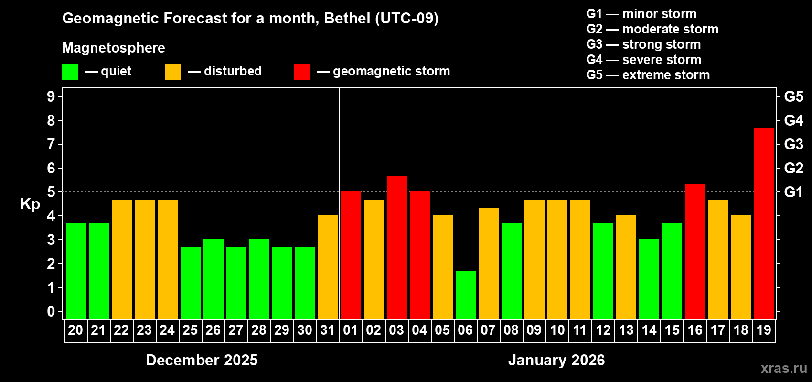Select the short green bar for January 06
[x=465, y=295]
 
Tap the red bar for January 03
[x=396, y=247]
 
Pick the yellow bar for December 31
[x=328, y=267]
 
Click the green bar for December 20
[x=75, y=271]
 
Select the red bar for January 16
[x=694, y=251]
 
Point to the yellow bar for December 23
[x=144, y=259]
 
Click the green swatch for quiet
[x=70, y=72]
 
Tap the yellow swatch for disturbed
[x=173, y=72]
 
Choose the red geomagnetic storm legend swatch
[x=302, y=72]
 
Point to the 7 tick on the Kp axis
[x=51, y=144]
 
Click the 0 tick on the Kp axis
[x=51, y=312]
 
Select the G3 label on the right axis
[x=793, y=144]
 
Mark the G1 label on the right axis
[x=793, y=192]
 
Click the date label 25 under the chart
[x=190, y=330]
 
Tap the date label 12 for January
[x=603, y=330]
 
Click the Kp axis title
[x=30, y=204]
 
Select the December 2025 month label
[x=202, y=360]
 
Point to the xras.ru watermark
[x=784, y=368]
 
